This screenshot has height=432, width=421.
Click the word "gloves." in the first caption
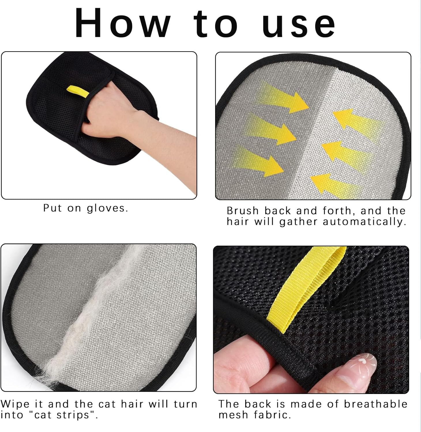(x=107, y=208)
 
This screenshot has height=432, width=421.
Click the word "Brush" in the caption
(x=243, y=211)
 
